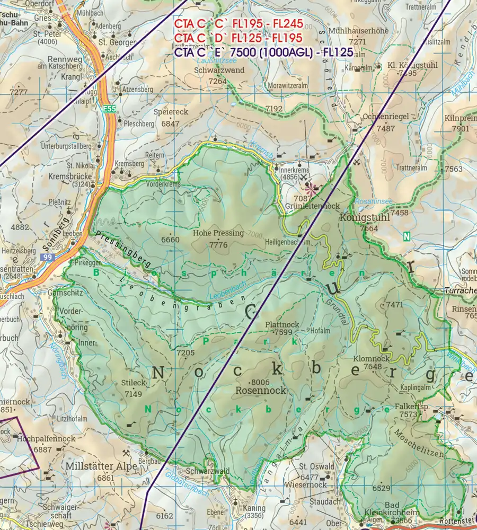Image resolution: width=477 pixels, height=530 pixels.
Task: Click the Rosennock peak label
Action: click(260, 391)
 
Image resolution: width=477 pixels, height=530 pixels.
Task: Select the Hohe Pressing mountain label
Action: click(218, 233)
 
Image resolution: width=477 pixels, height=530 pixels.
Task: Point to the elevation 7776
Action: click(218, 244)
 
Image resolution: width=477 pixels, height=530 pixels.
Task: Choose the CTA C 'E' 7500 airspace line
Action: click(263, 54)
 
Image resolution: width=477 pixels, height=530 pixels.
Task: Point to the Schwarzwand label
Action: click(219, 70)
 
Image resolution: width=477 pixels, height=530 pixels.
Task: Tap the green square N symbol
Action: click(407, 236)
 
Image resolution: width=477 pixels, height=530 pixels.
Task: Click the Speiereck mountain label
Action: click(171, 112)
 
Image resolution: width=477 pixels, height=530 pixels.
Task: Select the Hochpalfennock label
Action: click(46, 439)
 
